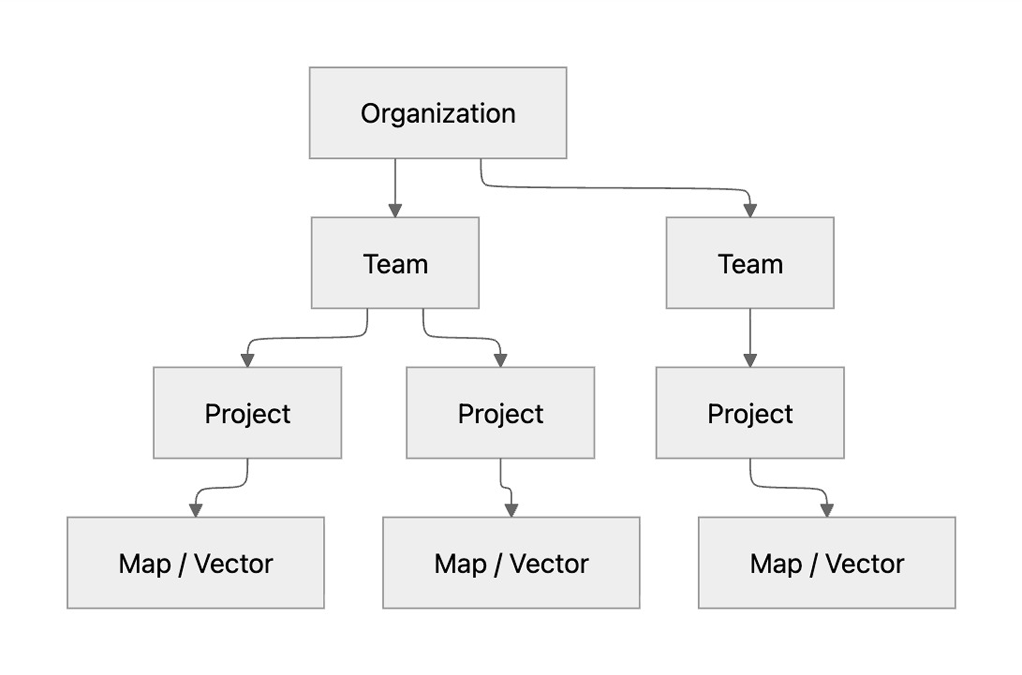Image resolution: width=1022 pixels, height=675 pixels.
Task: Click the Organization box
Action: pos(437,113)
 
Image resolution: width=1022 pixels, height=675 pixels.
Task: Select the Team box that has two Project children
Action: pos(395,263)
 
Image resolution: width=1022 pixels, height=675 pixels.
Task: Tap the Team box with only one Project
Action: pos(749,263)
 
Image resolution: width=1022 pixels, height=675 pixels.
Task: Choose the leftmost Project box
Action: pos(247,412)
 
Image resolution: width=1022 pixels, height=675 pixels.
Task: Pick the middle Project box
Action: pos(500,412)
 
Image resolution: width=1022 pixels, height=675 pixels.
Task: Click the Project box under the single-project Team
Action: pos(750,412)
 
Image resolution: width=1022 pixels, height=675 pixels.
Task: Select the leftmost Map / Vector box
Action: pos(195,563)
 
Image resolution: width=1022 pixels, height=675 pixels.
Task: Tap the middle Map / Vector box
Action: pos(511,563)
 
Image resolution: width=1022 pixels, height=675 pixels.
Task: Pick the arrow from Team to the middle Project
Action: pos(461,337)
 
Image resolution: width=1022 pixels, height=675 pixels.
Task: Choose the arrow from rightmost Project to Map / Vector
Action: pos(787,488)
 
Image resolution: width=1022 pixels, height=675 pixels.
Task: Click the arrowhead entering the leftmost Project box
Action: pos(247,360)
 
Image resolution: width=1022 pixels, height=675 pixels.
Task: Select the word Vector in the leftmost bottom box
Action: pos(233,564)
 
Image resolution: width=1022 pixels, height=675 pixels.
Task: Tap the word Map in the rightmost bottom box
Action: pos(776,564)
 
